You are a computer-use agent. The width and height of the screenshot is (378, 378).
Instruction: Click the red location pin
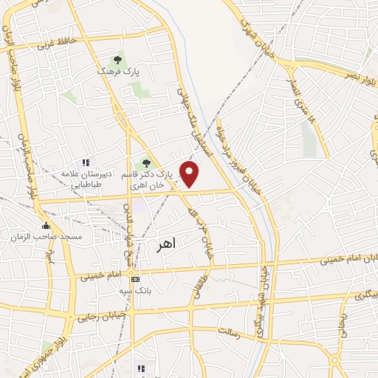point(190,174)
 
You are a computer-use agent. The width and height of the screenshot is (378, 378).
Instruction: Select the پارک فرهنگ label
point(117,72)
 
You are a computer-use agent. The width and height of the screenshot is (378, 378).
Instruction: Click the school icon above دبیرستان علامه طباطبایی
point(86,162)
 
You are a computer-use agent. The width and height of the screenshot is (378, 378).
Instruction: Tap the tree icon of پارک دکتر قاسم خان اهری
point(145,163)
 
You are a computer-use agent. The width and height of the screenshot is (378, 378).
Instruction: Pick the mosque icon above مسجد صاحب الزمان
point(46,226)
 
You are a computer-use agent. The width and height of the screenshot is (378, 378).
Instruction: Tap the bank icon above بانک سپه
point(134,280)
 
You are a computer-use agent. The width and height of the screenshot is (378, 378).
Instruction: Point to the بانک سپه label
point(137,290)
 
